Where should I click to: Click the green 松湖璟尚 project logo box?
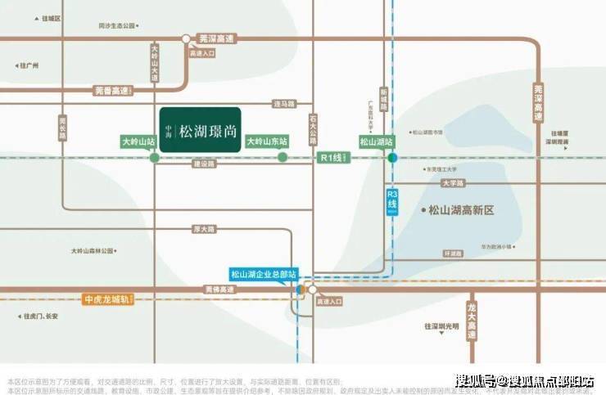click(200, 130)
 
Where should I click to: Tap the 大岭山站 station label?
click(138, 141)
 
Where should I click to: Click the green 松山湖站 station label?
click(378, 141)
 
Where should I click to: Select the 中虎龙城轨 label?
click(108, 299)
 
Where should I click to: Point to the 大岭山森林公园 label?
click(97, 250)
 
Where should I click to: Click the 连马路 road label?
click(283, 103)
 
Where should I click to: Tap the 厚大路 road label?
click(202, 227)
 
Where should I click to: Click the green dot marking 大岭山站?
click(154, 157)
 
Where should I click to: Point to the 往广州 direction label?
click(30, 65)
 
